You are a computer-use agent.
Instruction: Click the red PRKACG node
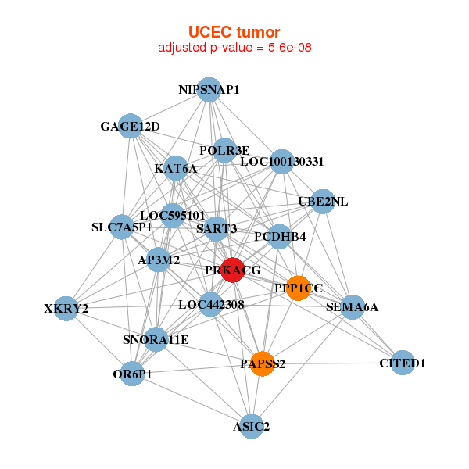pos(232,270)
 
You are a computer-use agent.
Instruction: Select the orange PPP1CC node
pos(298,288)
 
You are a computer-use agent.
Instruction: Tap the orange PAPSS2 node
pos(263,363)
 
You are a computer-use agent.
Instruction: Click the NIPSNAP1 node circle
pos(209,90)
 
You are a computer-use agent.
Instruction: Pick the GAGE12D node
pos(130,126)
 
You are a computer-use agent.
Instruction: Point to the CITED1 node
pos(402,363)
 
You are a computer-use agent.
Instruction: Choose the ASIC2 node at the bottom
pos(251,426)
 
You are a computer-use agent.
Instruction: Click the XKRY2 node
pos(66,308)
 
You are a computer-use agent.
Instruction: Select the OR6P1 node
pos(132,374)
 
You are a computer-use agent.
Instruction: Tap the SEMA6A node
pos(352,306)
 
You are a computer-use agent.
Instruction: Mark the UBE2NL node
pos(323,202)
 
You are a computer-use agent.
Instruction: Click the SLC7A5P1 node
pos(121,227)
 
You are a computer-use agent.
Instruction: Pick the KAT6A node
pos(176,168)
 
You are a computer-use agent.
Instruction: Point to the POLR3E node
pos(224,150)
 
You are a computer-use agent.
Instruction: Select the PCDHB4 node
pos(280,236)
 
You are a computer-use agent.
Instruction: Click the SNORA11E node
pos(156,339)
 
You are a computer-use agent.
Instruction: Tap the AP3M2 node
pos(159,260)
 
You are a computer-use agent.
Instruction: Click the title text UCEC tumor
pos(234,32)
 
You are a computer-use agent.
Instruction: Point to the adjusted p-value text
pos(234,48)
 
